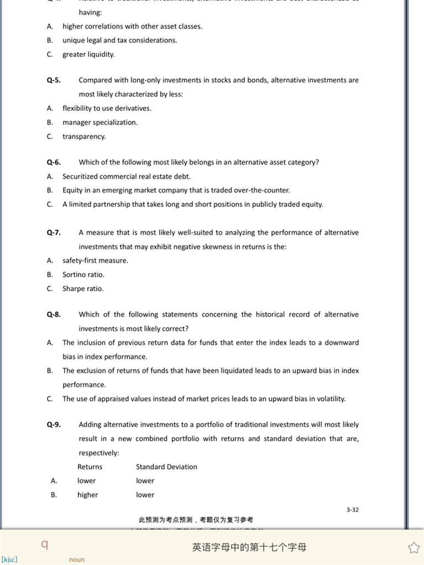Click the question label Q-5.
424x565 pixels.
pyautogui.click(x=54, y=80)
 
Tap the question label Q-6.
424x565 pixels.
pyautogui.click(x=54, y=162)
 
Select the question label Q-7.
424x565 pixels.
pyautogui.click(x=54, y=232)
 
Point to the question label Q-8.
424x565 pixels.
pyautogui.click(x=54, y=315)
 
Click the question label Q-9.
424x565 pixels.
pyautogui.click(x=54, y=424)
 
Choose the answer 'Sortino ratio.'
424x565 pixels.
pyautogui.click(x=83, y=274)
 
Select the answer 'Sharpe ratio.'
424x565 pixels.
pyautogui.click(x=83, y=289)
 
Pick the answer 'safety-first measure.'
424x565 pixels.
pyautogui.click(x=95, y=260)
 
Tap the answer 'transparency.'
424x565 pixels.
pyautogui.click(x=84, y=136)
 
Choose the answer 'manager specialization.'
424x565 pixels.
pyautogui.click(x=100, y=122)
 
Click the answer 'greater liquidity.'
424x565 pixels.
pyautogui.click(x=88, y=54)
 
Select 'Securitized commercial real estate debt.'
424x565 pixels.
pyautogui.click(x=126, y=177)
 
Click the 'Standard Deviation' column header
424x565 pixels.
pyautogui.click(x=167, y=467)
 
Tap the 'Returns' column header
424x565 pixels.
pyautogui.click(x=90, y=467)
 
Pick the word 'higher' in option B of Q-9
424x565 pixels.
pyautogui.click(x=87, y=495)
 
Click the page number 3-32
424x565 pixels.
pyautogui.click(x=352, y=510)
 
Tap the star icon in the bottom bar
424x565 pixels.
pyautogui.click(x=414, y=547)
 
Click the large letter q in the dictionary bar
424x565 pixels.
pyautogui.click(x=45, y=545)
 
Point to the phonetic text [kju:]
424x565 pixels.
pyautogui.click(x=9, y=559)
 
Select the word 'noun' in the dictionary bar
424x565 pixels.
pyautogui.click(x=77, y=559)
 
